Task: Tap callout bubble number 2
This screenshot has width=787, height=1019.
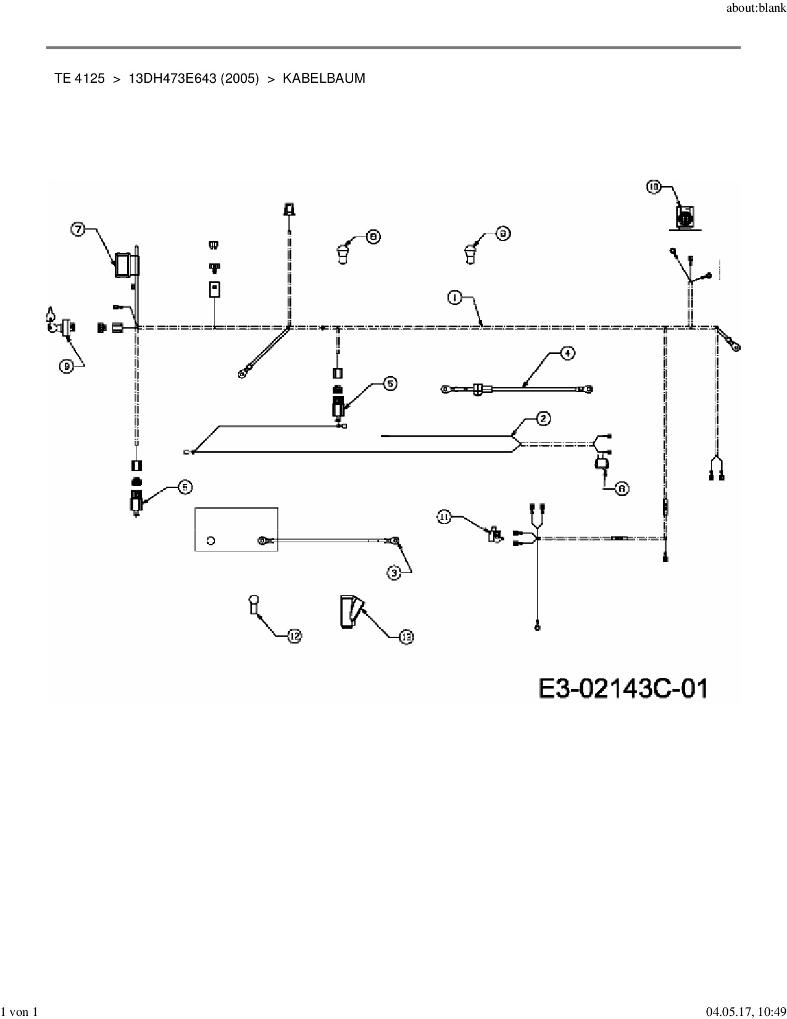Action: [543, 419]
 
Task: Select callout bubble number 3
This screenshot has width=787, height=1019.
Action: [394, 573]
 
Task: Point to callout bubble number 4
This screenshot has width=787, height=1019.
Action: [567, 353]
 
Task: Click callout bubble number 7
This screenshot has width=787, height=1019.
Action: [78, 229]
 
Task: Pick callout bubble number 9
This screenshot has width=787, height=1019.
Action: [65, 366]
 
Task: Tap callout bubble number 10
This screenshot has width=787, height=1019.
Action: [654, 186]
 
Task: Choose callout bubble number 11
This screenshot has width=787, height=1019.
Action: [445, 517]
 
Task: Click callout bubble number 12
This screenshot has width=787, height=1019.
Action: [294, 636]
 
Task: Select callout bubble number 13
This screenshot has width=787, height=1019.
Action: [406, 637]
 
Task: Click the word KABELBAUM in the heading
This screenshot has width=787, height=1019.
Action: [323, 78]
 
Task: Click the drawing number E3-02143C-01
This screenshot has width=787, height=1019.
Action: [623, 688]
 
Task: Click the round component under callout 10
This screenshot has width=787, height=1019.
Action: [685, 217]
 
